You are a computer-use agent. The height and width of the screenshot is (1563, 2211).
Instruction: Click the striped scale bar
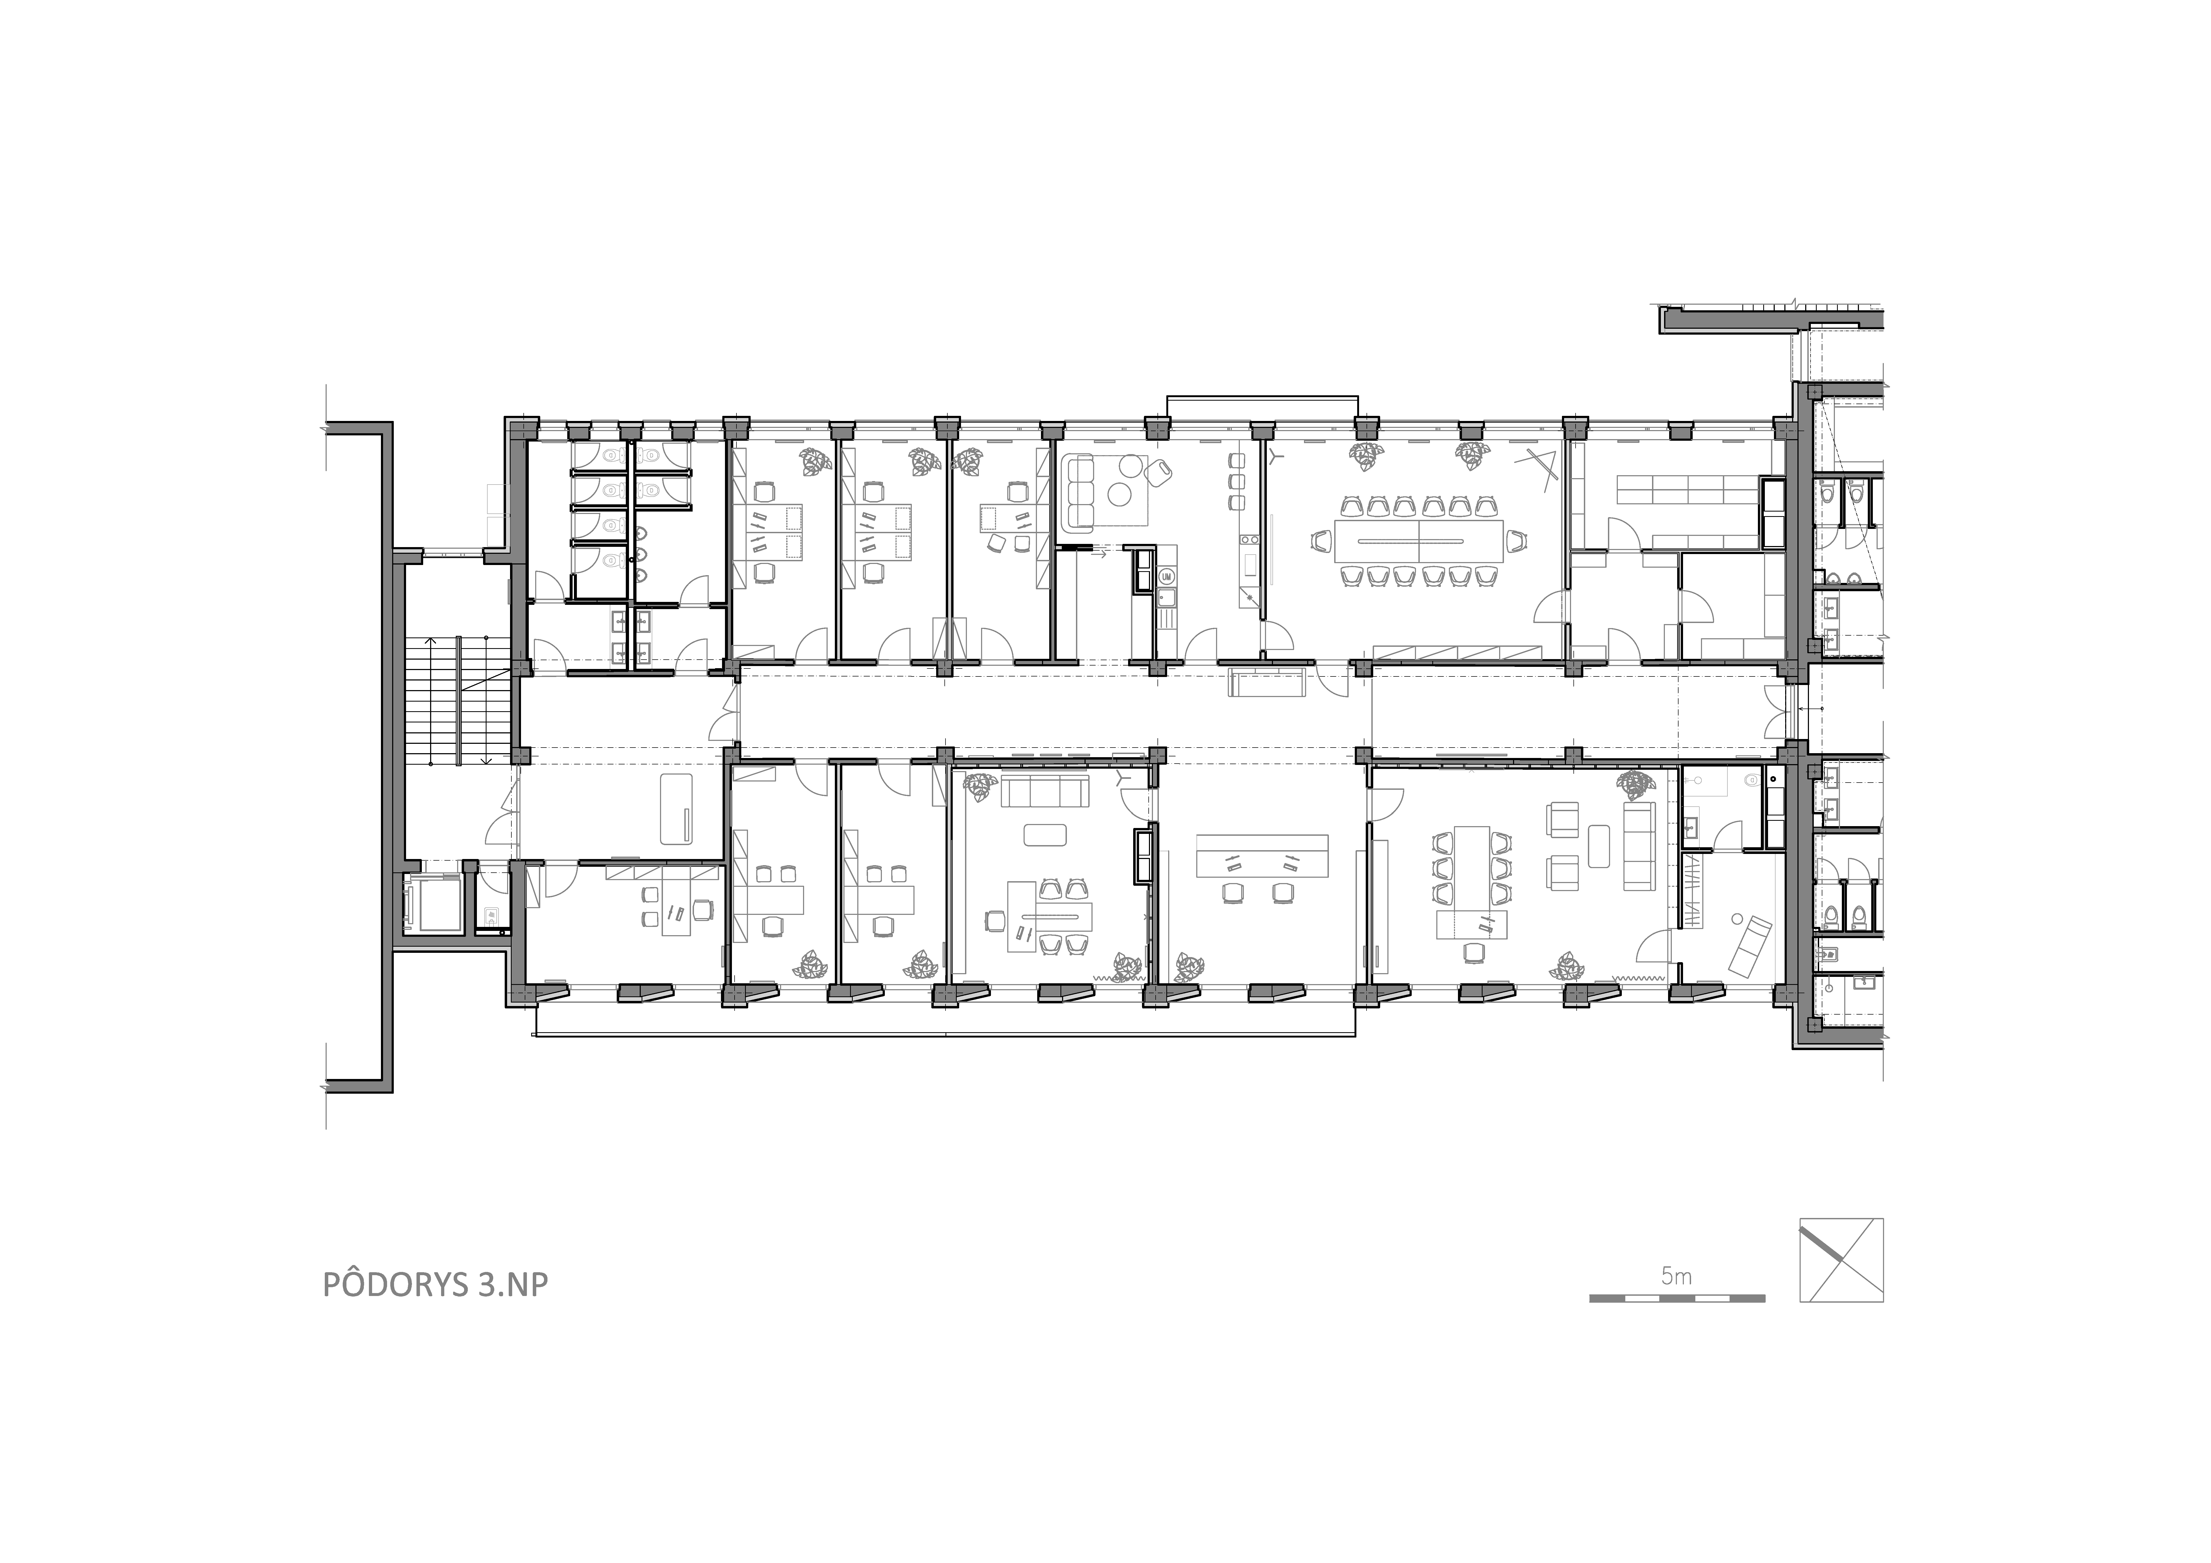(x=1677, y=1298)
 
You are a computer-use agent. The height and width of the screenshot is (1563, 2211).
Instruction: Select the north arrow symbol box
(x=1841, y=1260)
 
